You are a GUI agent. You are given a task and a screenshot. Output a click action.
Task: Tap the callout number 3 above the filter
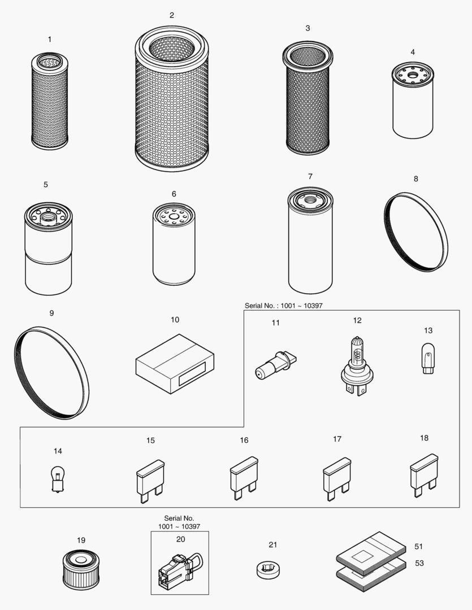click(308, 28)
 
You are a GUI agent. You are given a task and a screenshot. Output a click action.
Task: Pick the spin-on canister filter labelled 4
click(413, 102)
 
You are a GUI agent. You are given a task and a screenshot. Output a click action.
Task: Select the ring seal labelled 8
click(416, 232)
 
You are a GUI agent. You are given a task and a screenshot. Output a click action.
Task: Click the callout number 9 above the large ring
click(51, 313)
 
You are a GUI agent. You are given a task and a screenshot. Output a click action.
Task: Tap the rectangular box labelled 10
click(175, 364)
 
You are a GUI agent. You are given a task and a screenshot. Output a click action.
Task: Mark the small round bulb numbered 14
click(57, 479)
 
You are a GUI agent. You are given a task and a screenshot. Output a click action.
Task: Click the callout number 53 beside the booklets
click(419, 563)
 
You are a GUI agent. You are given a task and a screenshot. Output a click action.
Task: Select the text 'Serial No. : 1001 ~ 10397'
click(284, 306)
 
